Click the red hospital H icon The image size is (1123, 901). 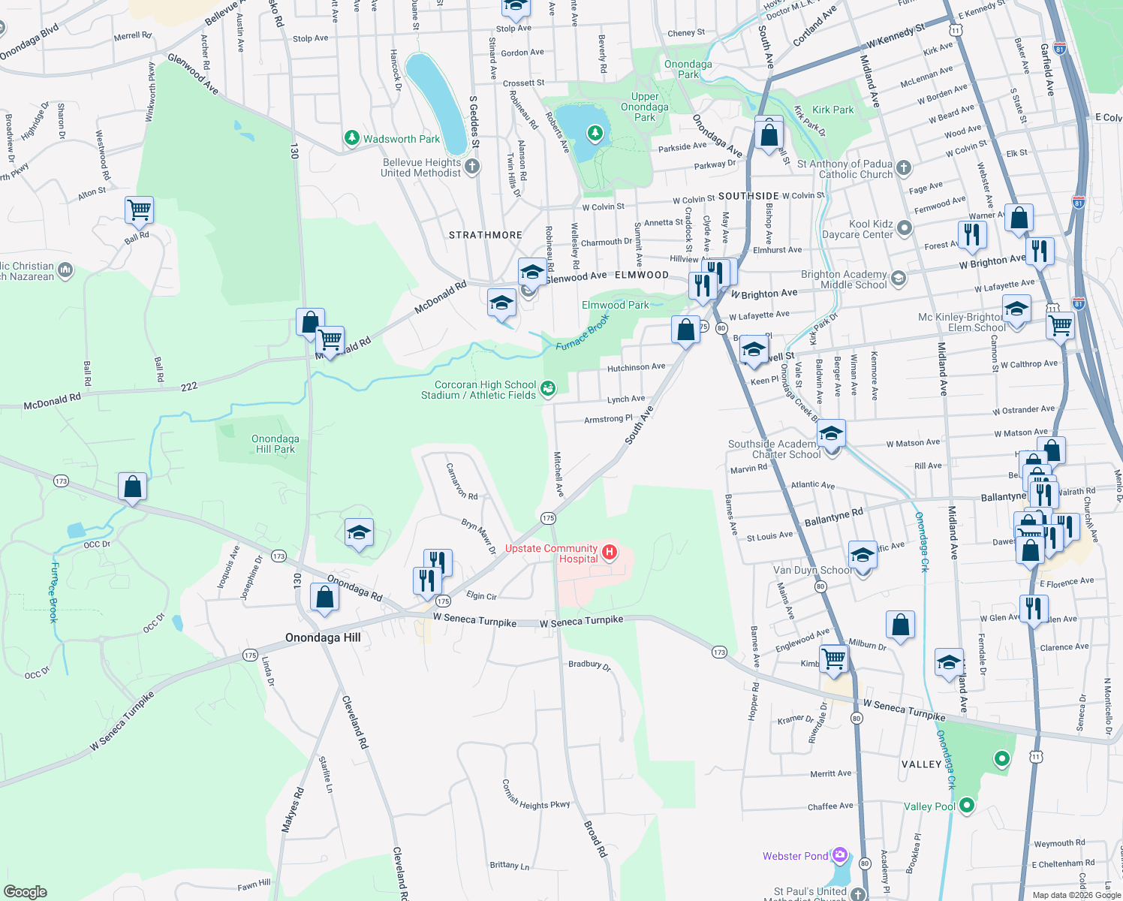coord(610,553)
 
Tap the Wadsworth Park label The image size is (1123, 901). coord(402,139)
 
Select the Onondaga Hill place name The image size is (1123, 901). coord(323,637)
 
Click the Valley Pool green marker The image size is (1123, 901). coord(967,806)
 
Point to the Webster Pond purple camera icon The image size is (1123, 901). coord(840,855)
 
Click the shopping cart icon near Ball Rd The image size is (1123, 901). coord(139,210)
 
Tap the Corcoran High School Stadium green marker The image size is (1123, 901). coord(549,387)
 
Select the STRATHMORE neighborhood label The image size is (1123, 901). coord(485,235)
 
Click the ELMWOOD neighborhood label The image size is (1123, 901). coord(641,275)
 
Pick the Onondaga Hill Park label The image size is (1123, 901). coord(275,444)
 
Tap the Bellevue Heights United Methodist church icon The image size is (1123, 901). coord(472,166)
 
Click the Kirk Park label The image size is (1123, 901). coord(832,110)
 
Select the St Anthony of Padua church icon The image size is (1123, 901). coord(904,167)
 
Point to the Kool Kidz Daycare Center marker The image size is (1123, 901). coord(905,228)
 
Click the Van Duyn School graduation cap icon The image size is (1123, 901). coord(863,556)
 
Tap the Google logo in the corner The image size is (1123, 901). coord(26,891)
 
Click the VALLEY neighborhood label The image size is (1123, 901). coord(921,764)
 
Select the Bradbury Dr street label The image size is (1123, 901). coord(589,664)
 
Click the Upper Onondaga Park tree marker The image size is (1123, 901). coord(595,134)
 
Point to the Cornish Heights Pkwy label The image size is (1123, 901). coord(536,795)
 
